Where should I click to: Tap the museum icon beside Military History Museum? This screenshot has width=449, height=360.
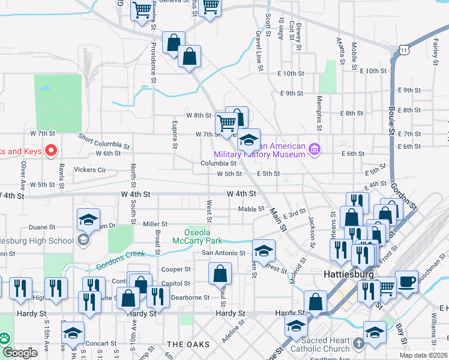click(x=313, y=149)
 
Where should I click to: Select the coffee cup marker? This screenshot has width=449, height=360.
click(x=406, y=282)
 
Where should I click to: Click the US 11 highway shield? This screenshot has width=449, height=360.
click(x=406, y=50)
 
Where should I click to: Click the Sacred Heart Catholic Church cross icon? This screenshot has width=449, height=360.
click(x=358, y=344)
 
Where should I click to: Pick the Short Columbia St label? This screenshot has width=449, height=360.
click(x=104, y=142)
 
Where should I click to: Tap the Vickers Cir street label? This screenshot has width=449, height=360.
click(x=90, y=170)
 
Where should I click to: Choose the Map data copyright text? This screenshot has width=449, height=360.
click(x=423, y=355)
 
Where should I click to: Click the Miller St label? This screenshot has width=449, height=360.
click(x=155, y=224)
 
